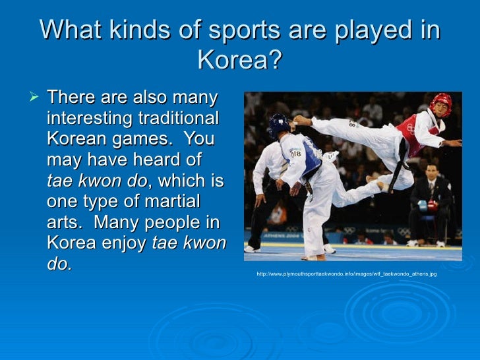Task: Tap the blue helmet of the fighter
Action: tap(278, 123)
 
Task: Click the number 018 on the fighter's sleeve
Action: tap(295, 154)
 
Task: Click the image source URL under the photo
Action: tap(347, 274)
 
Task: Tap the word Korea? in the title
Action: tap(239, 61)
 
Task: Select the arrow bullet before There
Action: tap(36, 98)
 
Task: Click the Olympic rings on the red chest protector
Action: tap(410, 129)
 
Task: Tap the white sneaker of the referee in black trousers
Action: tap(251, 249)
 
